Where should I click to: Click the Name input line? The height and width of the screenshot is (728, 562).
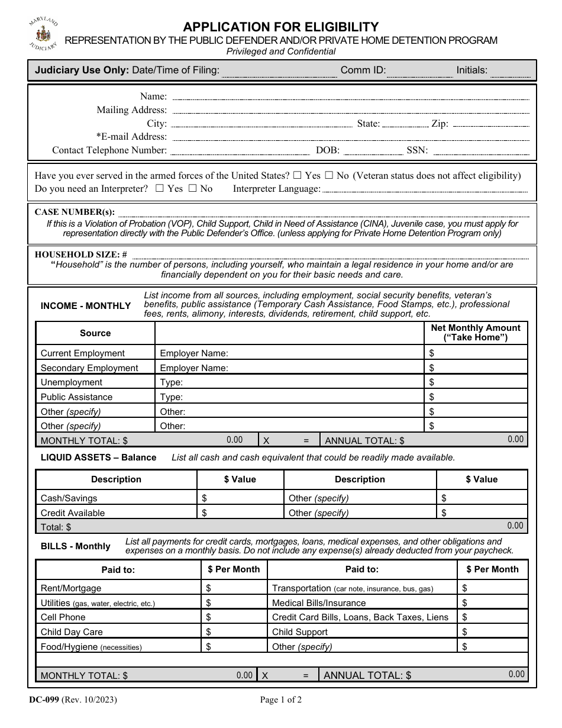point(349,96)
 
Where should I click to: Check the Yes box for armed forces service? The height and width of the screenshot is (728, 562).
point(298,175)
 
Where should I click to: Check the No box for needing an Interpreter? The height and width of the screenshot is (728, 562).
point(192,189)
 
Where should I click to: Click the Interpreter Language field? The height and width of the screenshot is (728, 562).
point(424,189)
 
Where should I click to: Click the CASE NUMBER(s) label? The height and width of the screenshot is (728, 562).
point(75,212)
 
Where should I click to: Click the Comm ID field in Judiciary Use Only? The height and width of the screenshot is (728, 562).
point(419,70)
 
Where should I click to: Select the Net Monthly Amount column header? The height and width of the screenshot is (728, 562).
point(476,333)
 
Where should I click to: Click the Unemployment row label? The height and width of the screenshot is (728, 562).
point(72,382)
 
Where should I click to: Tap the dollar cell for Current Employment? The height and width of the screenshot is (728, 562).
point(476,353)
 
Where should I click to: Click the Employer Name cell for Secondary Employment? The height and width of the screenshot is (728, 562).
point(290,368)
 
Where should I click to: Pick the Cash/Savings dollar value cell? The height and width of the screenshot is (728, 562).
point(240,498)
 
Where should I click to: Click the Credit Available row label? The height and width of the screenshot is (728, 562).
point(73,513)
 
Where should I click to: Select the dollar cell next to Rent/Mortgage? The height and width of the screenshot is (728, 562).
point(234,588)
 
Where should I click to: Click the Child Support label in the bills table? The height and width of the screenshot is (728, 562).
point(300,632)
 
